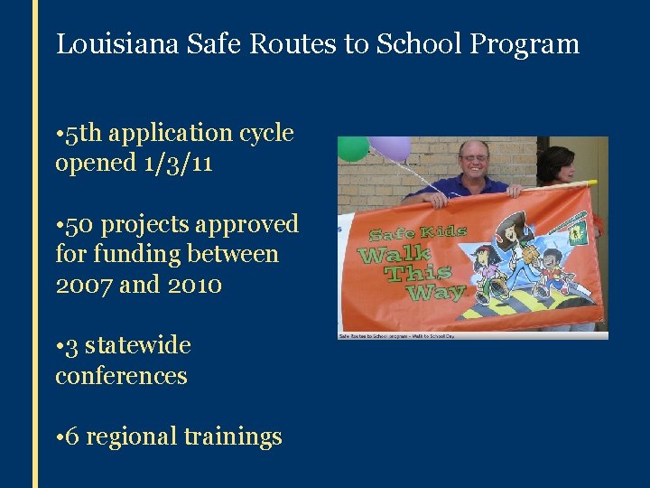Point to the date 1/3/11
pos(179,164)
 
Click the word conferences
pos(121,376)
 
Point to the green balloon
pos(353,148)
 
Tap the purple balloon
pos(390,146)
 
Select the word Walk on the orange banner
pos(394,254)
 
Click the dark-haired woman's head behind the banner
pos(558,163)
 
